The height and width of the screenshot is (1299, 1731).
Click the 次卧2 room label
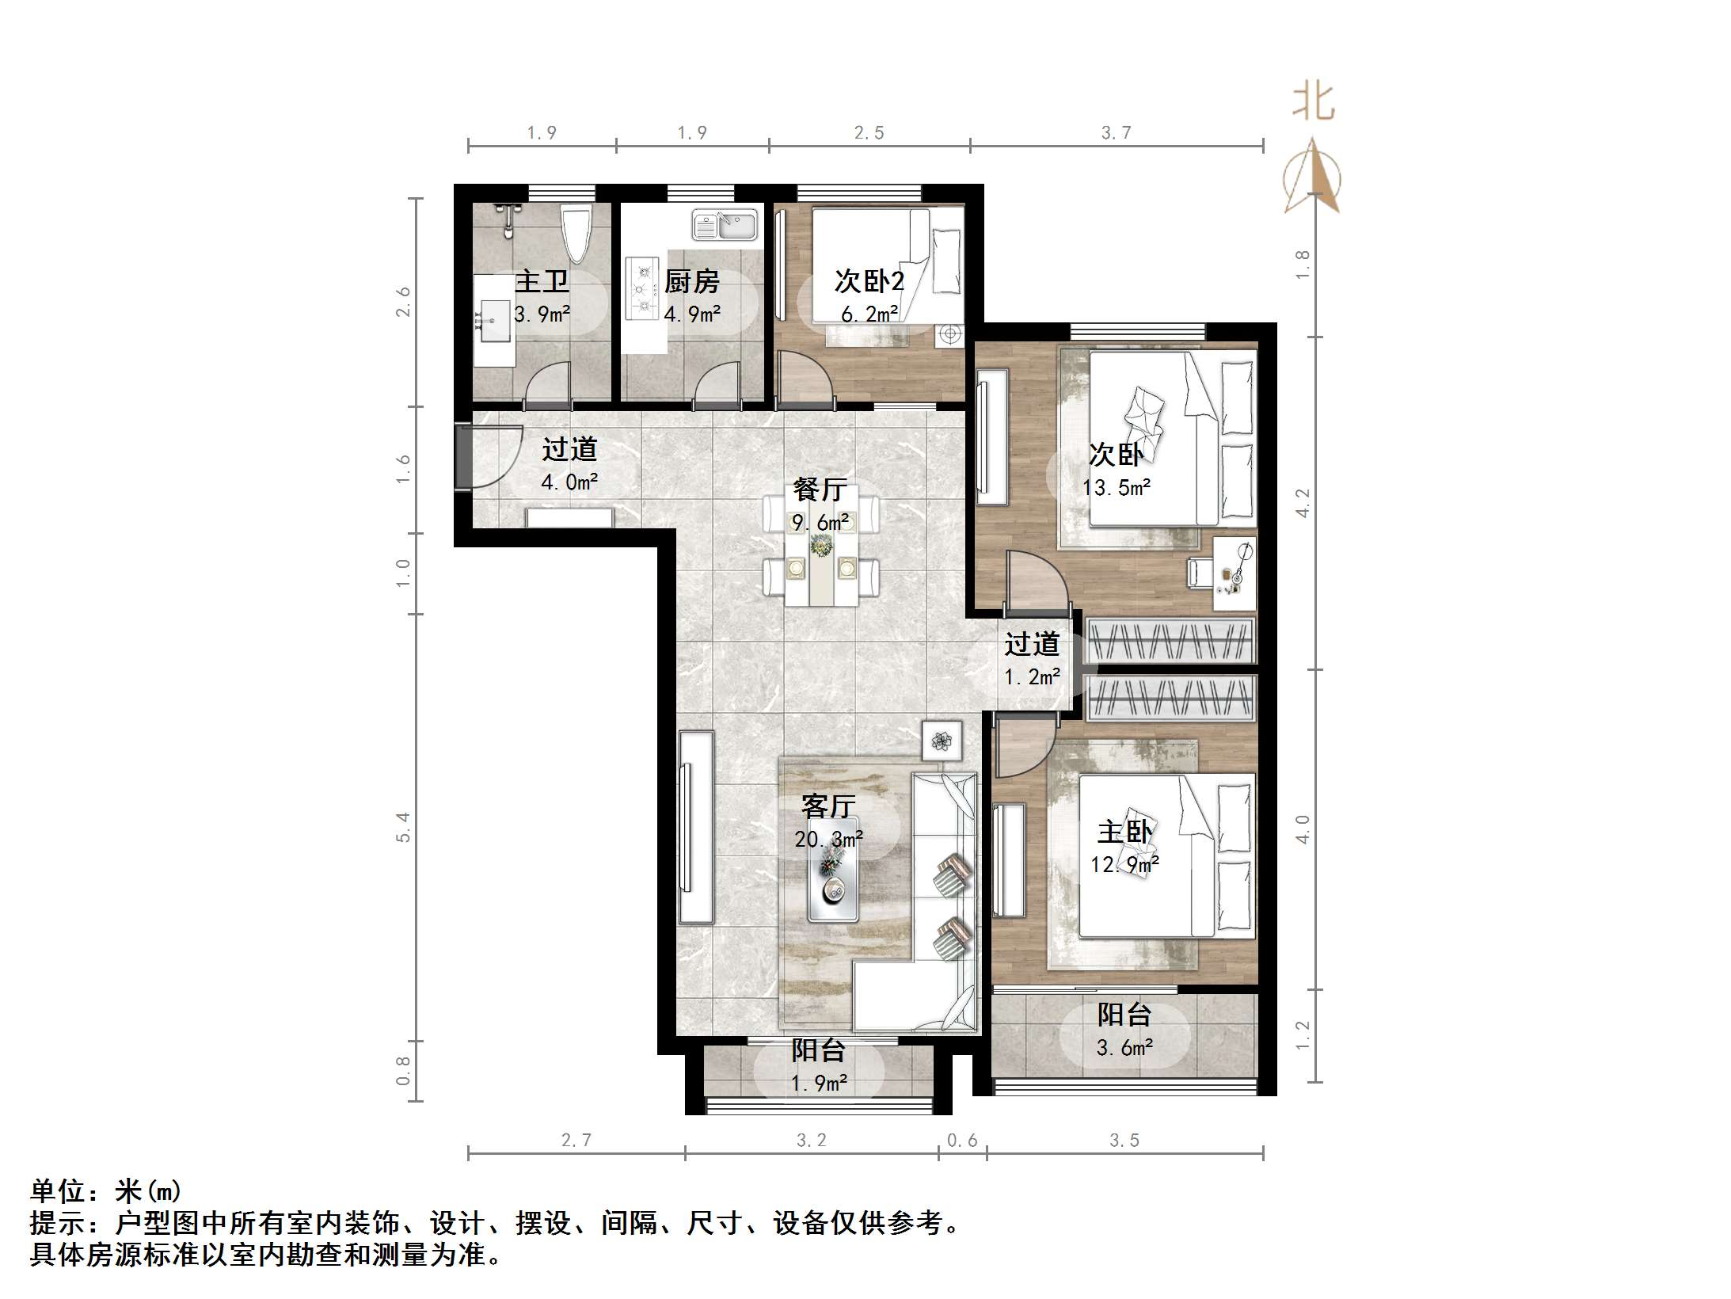(x=869, y=280)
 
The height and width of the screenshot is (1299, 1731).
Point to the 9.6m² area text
(x=820, y=523)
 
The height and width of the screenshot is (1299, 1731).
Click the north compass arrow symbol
(x=1313, y=178)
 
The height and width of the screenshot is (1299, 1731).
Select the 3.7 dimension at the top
(x=1116, y=133)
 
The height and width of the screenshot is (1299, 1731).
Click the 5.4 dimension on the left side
(x=403, y=826)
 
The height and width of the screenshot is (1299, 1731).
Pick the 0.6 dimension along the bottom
(x=962, y=1140)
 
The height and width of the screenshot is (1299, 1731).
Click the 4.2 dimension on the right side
(x=1303, y=502)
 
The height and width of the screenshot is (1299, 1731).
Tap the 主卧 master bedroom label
(x=1124, y=832)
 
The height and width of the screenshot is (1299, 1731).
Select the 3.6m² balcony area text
(x=1124, y=1048)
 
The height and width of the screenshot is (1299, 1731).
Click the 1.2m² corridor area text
(x=1032, y=677)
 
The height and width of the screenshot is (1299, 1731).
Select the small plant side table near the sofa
(x=942, y=741)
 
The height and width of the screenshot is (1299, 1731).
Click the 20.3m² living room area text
(x=828, y=839)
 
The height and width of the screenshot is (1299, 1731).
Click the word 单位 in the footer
(x=57, y=1191)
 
